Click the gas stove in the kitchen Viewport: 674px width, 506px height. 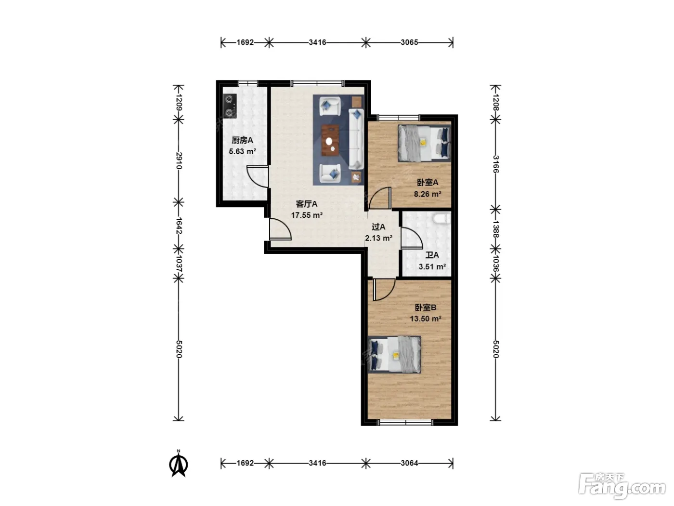coord(230,106)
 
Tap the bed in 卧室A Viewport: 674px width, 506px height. coord(424,143)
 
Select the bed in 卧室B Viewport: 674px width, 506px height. coord(394,355)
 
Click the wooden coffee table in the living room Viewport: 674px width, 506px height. coord(330,140)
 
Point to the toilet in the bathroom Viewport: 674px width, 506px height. coord(441,219)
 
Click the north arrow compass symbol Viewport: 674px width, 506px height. coord(179,464)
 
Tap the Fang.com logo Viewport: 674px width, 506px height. coord(622,486)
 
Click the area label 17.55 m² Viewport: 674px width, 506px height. coord(307,215)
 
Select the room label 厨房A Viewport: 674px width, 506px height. coord(242,140)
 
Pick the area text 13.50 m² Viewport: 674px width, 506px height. coord(426,319)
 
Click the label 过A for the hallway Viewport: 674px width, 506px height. coord(378,226)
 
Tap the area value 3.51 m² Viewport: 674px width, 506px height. coord(432,266)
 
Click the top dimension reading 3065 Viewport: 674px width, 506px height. coord(409,42)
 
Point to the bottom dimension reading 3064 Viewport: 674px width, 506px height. coord(409,463)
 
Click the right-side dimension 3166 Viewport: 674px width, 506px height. coord(495,164)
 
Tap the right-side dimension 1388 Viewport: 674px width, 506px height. coord(495,229)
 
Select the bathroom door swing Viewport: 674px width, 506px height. coord(412,238)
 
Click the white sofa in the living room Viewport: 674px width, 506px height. coord(356,139)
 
